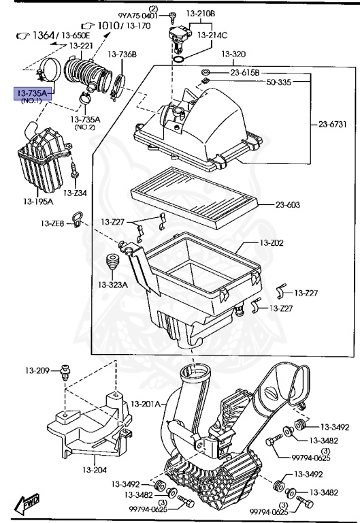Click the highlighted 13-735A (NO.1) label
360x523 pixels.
[31, 93]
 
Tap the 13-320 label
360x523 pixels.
[233, 54]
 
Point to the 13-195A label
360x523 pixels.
[39, 202]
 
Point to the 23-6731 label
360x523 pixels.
[334, 124]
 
